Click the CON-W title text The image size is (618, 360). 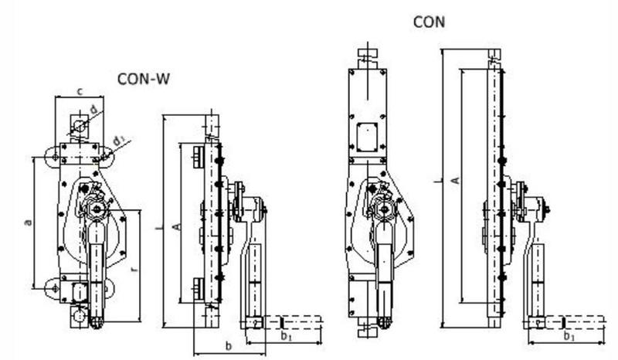tap(144, 79)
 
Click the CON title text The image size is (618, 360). tap(430, 22)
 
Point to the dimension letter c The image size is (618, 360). tap(80, 92)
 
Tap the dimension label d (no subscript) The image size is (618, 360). tap(93, 109)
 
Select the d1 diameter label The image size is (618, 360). tap(119, 141)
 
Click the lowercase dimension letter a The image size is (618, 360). tap(28, 222)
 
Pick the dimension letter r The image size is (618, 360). tap(134, 270)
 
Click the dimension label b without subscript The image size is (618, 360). tap(229, 346)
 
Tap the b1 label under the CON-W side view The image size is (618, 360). tap(287, 336)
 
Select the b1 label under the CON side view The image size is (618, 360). tap(569, 336)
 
